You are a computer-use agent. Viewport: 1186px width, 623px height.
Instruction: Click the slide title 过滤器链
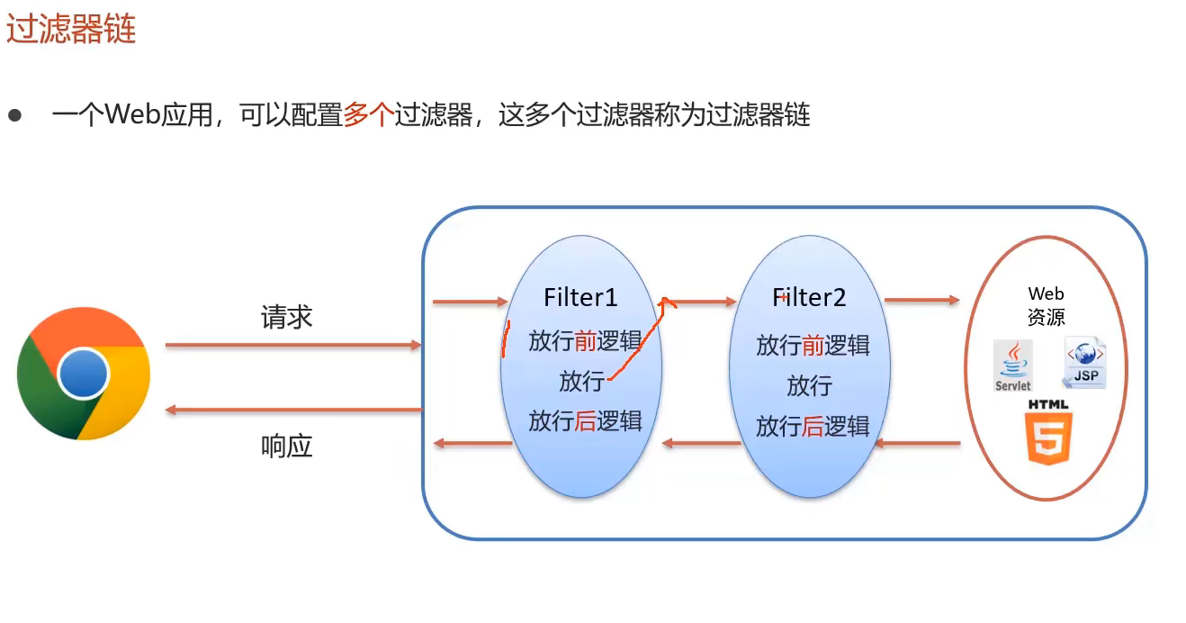[71, 29]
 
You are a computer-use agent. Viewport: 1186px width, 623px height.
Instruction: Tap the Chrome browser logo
[83, 374]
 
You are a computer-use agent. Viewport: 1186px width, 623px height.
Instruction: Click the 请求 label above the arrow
[286, 317]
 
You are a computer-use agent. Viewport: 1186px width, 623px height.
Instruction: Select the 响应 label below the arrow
[286, 446]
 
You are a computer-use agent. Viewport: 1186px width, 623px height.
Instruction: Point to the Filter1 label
[580, 297]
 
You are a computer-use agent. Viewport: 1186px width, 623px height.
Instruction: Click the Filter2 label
[809, 297]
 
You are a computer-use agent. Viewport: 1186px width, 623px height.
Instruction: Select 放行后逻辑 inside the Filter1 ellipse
[585, 420]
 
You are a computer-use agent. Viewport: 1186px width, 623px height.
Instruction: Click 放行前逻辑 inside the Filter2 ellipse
[813, 345]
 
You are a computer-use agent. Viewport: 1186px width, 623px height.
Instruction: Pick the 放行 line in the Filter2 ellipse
[809, 385]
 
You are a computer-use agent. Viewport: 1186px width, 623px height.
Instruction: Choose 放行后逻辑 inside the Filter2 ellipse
[813, 425]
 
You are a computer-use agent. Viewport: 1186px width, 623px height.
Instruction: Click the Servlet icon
[1013, 366]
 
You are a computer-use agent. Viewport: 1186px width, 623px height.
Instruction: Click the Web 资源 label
[1046, 306]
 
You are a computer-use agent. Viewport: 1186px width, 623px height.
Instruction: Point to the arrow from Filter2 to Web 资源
[921, 300]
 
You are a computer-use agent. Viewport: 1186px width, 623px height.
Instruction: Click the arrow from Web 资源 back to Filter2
[918, 443]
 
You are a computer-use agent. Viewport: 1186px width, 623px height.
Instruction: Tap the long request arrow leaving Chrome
[293, 345]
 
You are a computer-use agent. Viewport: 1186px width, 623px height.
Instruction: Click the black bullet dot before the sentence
[14, 115]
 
